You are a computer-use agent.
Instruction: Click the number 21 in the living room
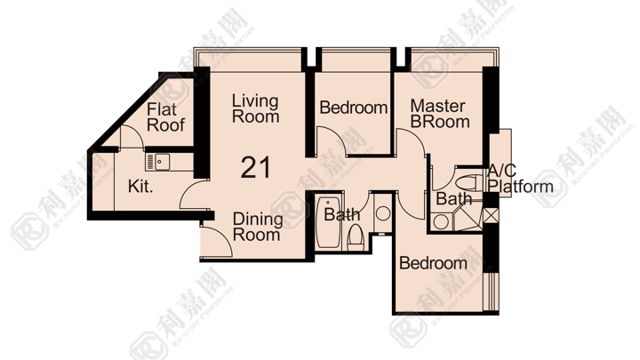pos(255,168)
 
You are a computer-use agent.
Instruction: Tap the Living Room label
pos(255,108)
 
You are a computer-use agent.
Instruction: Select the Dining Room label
pos(258,227)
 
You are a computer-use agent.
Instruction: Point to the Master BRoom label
pos(440,114)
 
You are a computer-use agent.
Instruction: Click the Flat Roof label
pos(165,117)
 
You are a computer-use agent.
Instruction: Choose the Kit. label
pos(140,187)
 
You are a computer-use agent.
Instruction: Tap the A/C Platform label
pos(520,179)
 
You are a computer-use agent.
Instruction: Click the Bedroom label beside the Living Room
pos(354,108)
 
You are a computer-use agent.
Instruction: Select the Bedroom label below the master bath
pos(433,263)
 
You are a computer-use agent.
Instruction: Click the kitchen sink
pos(157,162)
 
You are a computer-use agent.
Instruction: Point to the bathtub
pos(328,223)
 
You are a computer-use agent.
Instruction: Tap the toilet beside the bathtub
pos(356,238)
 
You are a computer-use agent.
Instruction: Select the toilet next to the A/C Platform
pos(469,181)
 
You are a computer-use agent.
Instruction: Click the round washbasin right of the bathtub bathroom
pos(383,213)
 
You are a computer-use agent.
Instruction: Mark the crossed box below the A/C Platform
pos(491,215)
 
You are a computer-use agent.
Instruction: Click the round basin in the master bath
pos(440,222)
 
